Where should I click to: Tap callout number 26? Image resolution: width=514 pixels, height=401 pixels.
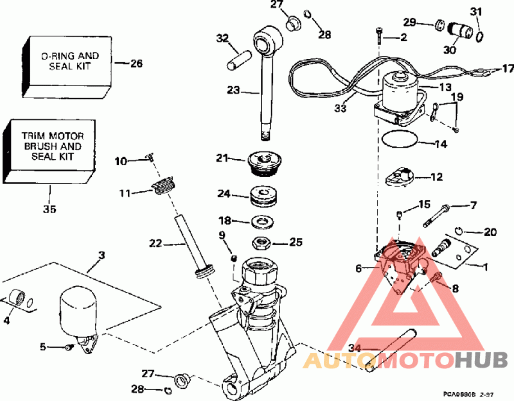(x=136, y=64)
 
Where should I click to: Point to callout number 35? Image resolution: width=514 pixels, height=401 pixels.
(x=49, y=209)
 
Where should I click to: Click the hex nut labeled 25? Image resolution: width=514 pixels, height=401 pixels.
(x=263, y=243)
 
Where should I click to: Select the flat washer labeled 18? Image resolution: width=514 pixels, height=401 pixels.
(x=262, y=222)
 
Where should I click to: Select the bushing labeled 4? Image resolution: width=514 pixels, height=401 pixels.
(x=21, y=299)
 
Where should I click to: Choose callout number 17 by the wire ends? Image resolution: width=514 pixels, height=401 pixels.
(x=508, y=69)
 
